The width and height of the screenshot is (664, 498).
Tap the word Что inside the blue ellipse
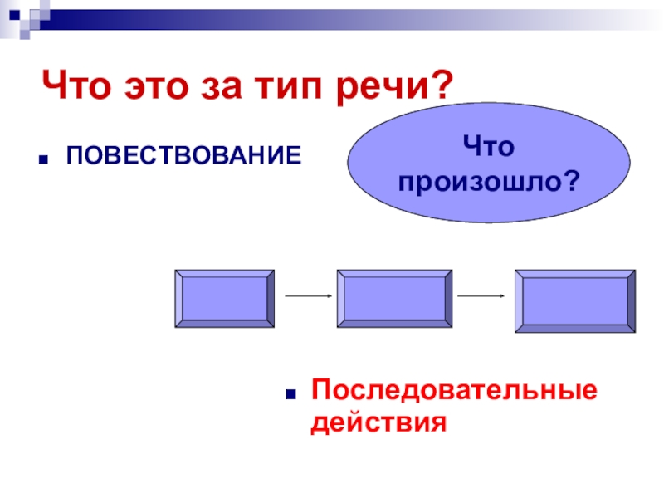pyautogui.click(x=490, y=148)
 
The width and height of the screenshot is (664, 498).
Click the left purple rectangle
pyautogui.click(x=224, y=299)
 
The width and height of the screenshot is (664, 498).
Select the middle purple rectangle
pyautogui.click(x=393, y=299)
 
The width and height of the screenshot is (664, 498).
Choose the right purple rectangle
pyautogui.click(x=575, y=300)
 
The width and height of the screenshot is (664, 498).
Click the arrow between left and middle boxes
pyautogui.click(x=308, y=295)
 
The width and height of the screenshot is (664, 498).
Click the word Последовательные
pyautogui.click(x=453, y=390)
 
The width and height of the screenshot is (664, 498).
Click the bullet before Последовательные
pyautogui.click(x=291, y=392)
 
